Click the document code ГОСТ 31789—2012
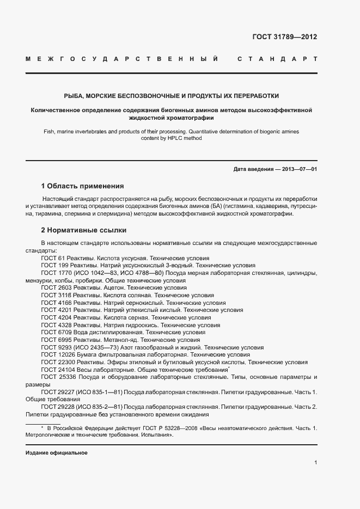pos(284,37)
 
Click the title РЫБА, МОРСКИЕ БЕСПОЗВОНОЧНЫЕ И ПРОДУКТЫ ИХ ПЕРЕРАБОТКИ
pos(172,95)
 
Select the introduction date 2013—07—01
pos(299,169)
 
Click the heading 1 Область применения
pos(83,186)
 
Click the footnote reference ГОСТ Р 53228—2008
pos(168,428)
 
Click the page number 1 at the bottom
pos(316,463)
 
